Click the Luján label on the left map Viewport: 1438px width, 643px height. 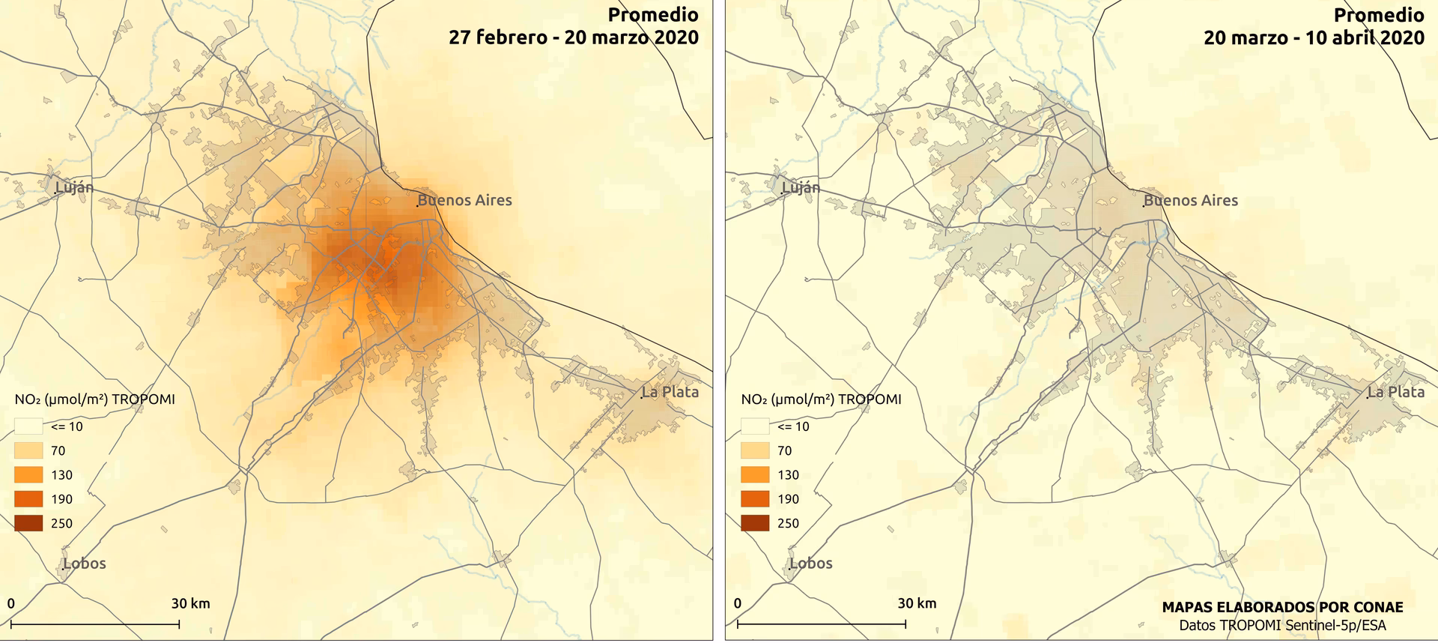tap(75, 187)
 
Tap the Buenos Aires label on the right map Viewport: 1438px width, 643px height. tap(1191, 201)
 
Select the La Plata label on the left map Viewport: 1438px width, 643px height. tap(670, 392)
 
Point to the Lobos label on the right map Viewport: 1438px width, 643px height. tap(811, 564)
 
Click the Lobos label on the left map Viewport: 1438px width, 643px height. tap(85, 564)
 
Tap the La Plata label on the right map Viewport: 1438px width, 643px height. tap(1396, 392)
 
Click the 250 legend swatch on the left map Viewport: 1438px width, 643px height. tap(28, 523)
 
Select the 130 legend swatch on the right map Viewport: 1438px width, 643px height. tap(754, 474)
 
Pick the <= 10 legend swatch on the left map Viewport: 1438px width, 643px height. tap(28, 426)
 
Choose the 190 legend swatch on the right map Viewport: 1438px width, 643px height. tap(754, 499)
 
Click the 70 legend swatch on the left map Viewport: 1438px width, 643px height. tap(28, 450)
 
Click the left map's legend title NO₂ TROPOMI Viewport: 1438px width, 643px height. tap(94, 399)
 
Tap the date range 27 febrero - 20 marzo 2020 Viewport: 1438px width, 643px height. tap(574, 37)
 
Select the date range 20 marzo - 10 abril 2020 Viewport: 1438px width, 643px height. tap(1314, 37)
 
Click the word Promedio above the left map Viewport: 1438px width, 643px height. tap(653, 15)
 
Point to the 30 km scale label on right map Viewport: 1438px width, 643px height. tap(917, 603)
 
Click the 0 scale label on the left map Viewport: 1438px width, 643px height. tap(11, 603)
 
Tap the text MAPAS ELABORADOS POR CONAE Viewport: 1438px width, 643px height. tap(1282, 608)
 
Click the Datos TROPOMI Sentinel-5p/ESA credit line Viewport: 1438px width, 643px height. tap(1282, 626)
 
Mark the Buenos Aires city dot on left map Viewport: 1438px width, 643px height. tap(418, 205)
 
